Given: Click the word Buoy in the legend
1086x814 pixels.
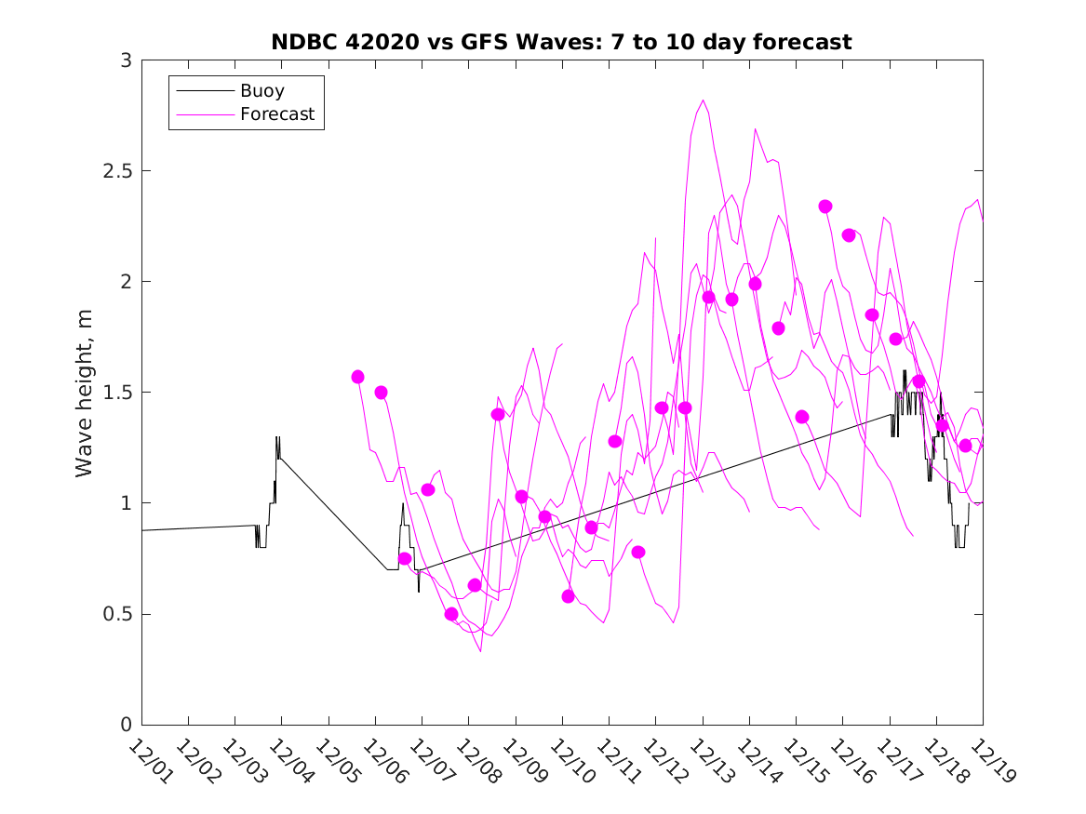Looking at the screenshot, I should (262, 91).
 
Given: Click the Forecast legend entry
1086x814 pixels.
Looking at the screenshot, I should (277, 114).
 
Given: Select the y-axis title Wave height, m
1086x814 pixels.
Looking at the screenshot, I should (85, 393).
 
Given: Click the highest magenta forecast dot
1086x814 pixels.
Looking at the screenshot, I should (825, 207).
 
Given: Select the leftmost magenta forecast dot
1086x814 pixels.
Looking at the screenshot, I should (357, 377).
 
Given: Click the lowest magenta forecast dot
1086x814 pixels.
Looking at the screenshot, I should (451, 614).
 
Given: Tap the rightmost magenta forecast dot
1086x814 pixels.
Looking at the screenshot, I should (965, 446).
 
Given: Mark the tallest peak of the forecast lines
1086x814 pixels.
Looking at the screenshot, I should (703, 100).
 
